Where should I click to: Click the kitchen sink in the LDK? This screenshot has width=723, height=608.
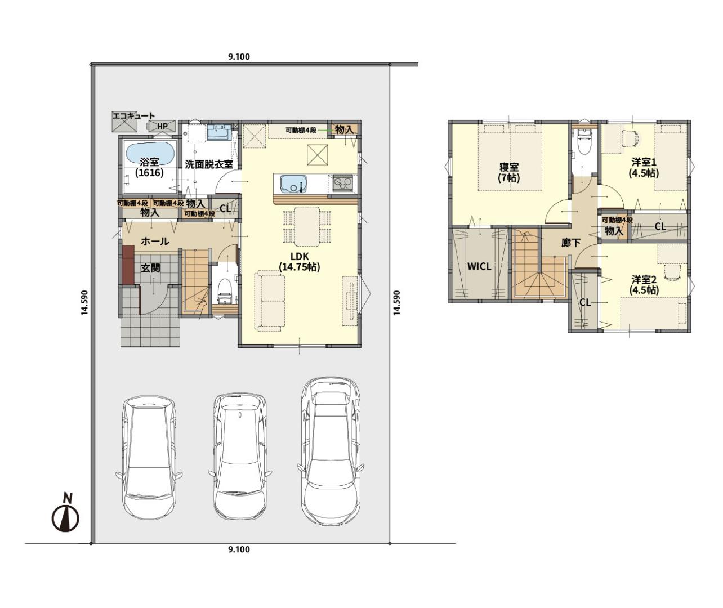point(293,184)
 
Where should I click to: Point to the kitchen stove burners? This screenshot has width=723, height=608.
point(343,183)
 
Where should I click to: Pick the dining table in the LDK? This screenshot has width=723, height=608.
point(307,226)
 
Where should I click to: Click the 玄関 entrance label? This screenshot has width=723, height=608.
point(151,267)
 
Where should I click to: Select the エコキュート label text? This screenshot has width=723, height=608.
point(133,115)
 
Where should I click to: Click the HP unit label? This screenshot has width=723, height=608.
point(162,126)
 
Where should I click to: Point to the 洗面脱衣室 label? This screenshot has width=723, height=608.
point(208,164)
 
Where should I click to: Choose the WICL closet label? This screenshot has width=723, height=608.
point(479,266)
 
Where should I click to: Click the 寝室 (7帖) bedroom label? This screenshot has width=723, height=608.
point(508,172)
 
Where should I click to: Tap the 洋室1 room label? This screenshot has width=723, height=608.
point(644,167)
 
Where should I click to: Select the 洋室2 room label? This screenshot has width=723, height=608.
point(644,284)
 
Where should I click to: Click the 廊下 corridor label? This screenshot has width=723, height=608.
point(570,243)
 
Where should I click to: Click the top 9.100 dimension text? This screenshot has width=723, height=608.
point(239,57)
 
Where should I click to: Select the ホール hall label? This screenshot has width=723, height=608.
point(155,242)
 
